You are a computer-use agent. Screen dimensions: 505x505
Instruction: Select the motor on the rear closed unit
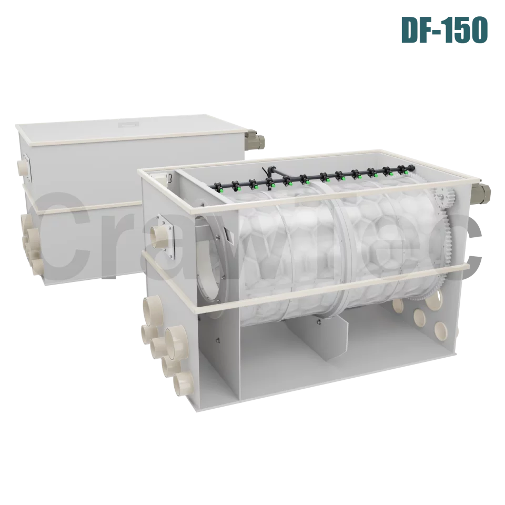pos(256,140)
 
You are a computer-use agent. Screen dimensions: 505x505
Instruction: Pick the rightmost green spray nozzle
pos(406,172)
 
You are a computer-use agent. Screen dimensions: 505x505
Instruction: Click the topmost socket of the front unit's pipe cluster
pos(151,306)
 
